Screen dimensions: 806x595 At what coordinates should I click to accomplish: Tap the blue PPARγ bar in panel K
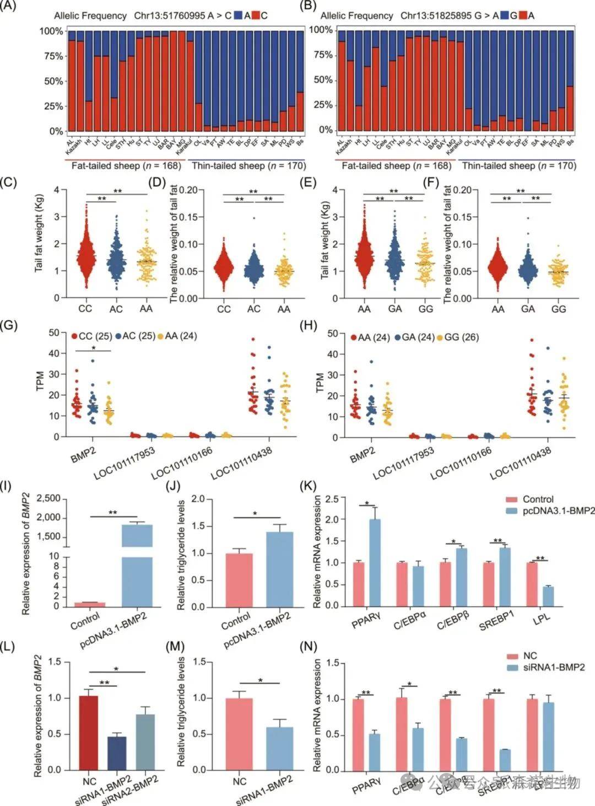click(x=375, y=562)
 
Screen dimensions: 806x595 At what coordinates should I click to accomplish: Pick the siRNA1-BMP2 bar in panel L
click(x=117, y=753)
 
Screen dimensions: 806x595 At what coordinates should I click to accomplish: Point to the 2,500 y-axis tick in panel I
click(x=48, y=498)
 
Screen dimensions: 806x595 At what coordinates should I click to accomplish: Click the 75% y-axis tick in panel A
click(x=53, y=56)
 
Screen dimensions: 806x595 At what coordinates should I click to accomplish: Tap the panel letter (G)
click(x=10, y=325)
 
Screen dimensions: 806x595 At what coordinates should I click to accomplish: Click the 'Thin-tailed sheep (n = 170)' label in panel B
click(x=518, y=165)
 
